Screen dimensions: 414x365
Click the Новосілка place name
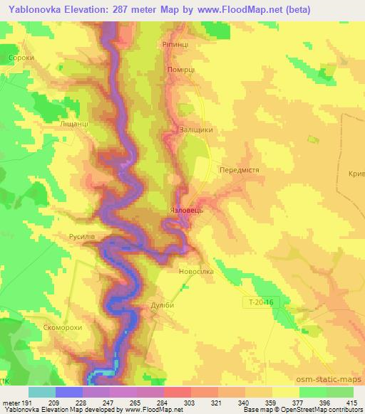[x=195, y=271]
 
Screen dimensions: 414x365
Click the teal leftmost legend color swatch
[x=42, y=392]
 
